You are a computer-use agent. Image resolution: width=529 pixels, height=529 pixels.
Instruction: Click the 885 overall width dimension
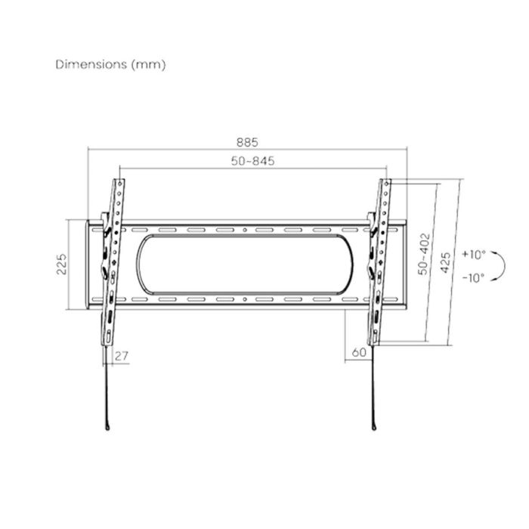point(247,142)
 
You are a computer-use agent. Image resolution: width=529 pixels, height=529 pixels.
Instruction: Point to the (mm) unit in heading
point(149,64)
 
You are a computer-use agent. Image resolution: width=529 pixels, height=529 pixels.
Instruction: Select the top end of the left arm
point(119,181)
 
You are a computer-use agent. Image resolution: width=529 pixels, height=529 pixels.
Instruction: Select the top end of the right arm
point(386,181)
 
